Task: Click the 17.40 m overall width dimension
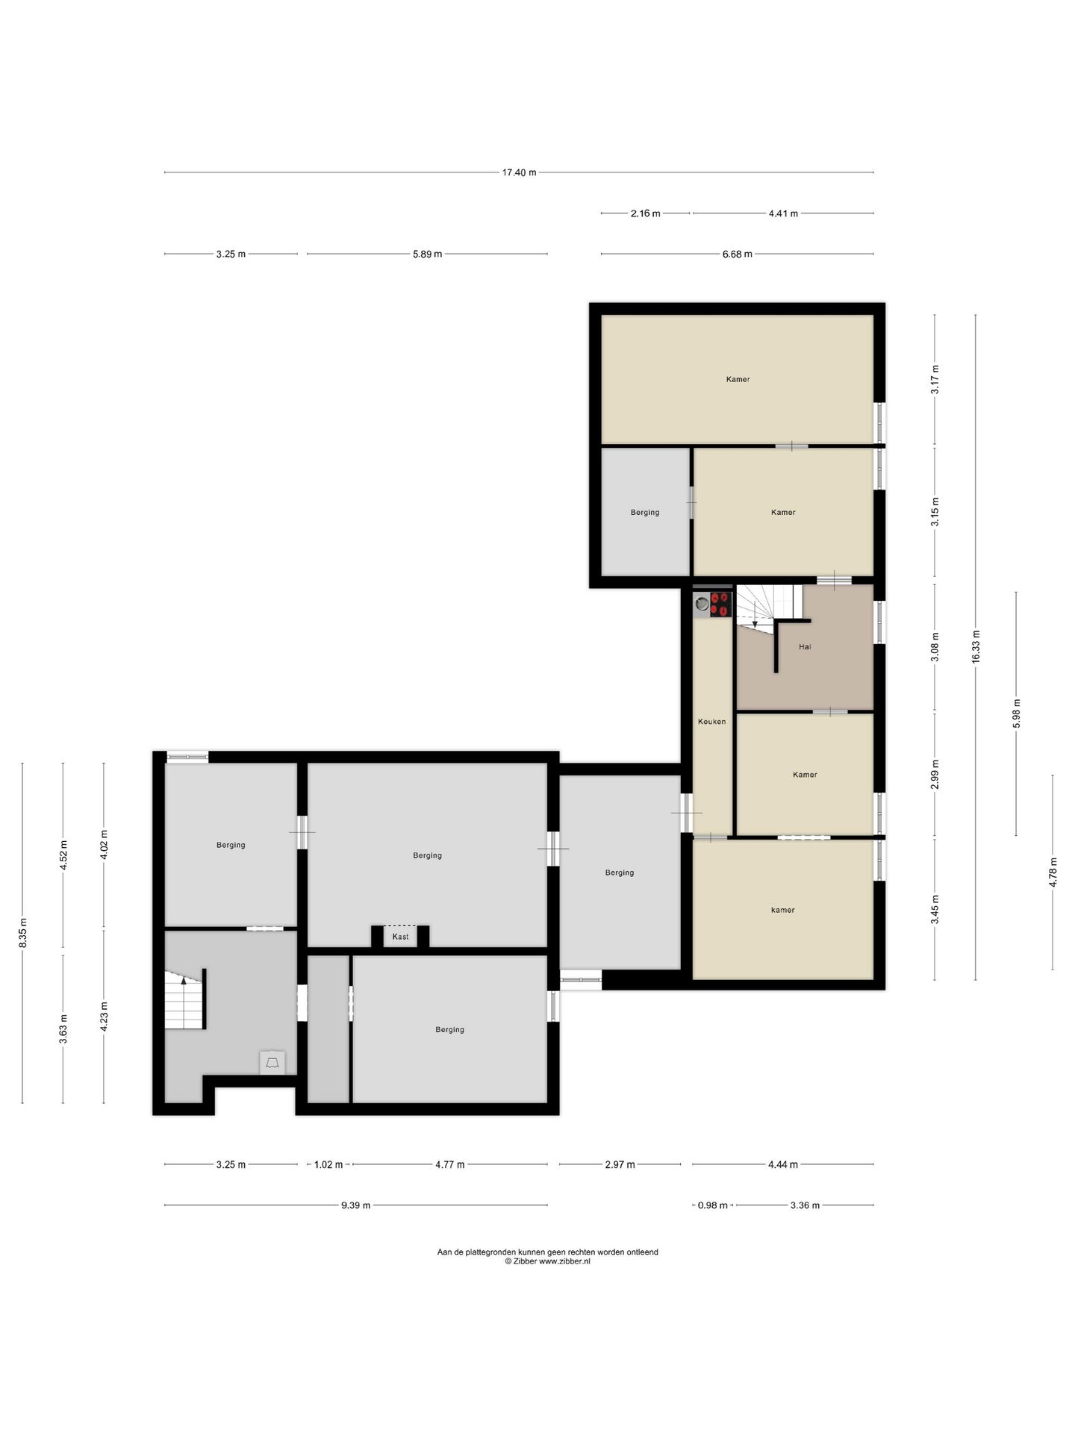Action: (519, 172)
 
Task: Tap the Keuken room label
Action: (711, 722)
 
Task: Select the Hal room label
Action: (805, 647)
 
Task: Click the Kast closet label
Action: (401, 937)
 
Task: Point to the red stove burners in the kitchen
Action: (720, 604)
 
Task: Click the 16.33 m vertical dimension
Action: (976, 647)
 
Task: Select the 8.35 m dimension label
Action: (23, 932)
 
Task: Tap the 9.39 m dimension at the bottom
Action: (356, 1205)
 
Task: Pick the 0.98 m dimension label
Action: (712, 1205)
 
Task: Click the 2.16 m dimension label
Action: (646, 213)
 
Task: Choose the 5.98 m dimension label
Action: (1016, 714)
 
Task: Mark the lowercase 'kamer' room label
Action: (783, 910)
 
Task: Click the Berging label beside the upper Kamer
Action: (645, 512)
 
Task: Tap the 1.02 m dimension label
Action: (328, 1164)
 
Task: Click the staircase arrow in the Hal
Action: (755, 614)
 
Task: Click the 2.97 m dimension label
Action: (620, 1164)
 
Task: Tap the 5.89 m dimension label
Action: (427, 254)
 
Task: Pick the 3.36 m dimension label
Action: (805, 1205)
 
